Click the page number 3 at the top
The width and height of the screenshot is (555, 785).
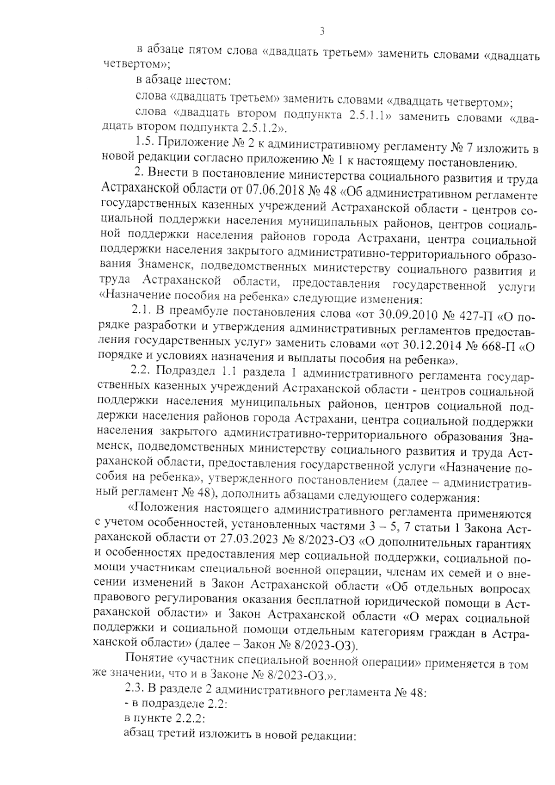tap(322, 31)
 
